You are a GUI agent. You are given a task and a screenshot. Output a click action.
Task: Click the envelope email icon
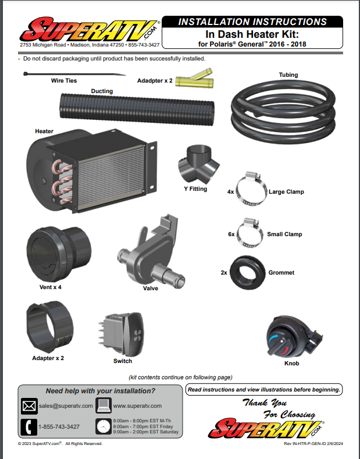[29, 405]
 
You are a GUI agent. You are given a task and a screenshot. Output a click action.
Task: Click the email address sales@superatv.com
[66, 405]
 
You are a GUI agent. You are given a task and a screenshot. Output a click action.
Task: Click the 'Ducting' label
[102, 91]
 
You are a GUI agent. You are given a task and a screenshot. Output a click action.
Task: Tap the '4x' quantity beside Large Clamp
[230, 191]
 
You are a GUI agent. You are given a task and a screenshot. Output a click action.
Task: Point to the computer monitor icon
[103, 405]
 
